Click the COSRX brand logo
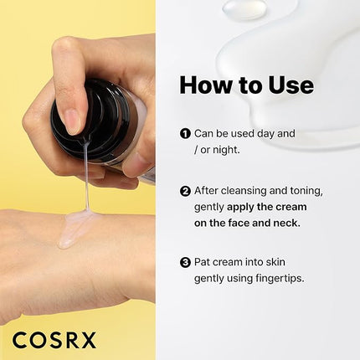tap(54, 340)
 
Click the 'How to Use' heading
tap(246, 85)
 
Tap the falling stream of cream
tap(85, 184)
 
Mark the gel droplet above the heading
tap(244, 8)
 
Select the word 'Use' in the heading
tap(287, 85)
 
